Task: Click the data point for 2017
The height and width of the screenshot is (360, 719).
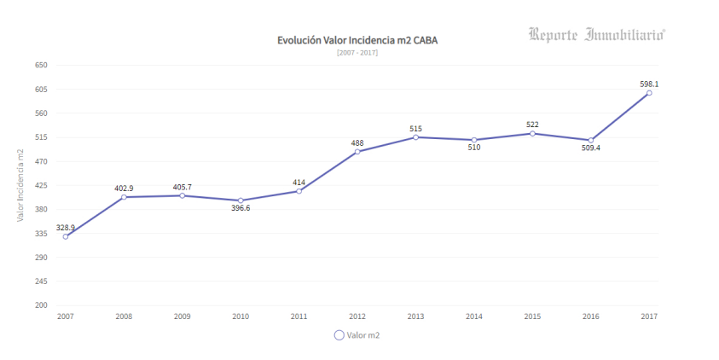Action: (649, 93)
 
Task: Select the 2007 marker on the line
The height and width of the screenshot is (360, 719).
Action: (66, 236)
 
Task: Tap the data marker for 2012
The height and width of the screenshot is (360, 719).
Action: (357, 152)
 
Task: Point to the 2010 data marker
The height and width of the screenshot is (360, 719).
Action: (241, 200)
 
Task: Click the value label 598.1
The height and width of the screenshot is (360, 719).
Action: (649, 84)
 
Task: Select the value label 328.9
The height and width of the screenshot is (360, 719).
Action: (66, 228)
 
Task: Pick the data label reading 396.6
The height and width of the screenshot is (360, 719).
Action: (241, 209)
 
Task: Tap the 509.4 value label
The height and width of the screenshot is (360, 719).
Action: (591, 148)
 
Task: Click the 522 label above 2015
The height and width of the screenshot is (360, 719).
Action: (532, 125)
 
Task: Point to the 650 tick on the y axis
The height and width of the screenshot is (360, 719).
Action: (41, 65)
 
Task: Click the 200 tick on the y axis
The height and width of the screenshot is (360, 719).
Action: (41, 305)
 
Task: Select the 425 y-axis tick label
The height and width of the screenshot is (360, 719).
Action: (41, 185)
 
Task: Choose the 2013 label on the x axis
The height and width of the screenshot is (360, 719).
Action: (415, 316)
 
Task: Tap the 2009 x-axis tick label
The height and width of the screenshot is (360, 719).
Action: (183, 316)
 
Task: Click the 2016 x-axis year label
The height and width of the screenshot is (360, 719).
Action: (590, 316)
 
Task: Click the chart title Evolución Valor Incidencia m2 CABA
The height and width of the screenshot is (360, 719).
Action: (357, 40)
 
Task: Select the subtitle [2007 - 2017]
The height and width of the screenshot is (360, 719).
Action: (357, 53)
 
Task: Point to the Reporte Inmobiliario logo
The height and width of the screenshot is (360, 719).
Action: (596, 35)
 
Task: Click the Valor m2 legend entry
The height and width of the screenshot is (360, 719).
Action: (357, 335)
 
